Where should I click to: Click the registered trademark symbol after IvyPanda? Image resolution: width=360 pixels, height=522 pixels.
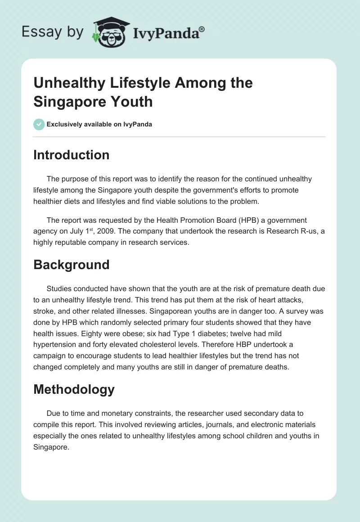tap(202, 29)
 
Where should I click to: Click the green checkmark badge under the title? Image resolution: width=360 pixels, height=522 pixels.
tap(39, 124)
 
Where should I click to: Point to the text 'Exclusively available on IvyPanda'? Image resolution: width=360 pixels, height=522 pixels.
tap(99, 124)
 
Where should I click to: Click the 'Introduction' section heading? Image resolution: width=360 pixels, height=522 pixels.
tap(71, 155)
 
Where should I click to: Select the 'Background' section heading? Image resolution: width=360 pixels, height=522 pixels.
tap(71, 264)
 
